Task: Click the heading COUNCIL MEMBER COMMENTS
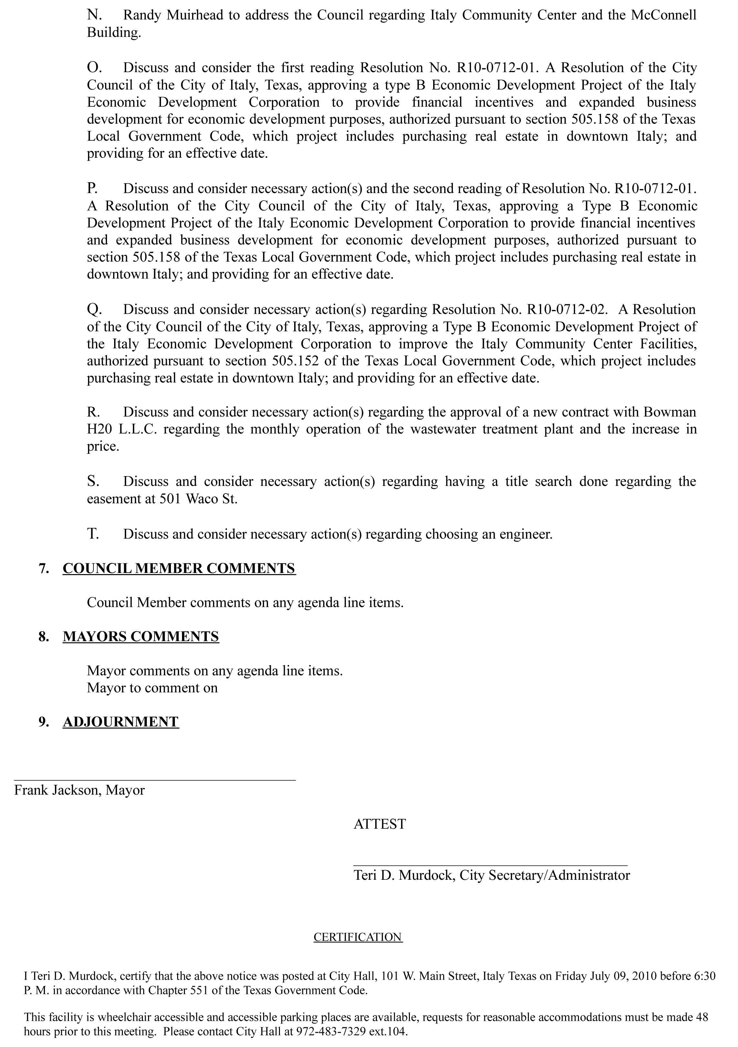(x=179, y=568)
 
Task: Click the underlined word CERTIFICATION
(x=358, y=937)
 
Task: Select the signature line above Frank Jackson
(x=155, y=780)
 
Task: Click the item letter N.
(x=93, y=15)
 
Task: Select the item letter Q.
(x=93, y=310)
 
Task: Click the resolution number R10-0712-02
(x=567, y=310)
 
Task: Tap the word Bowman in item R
(x=669, y=412)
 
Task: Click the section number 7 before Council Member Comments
(x=44, y=568)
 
